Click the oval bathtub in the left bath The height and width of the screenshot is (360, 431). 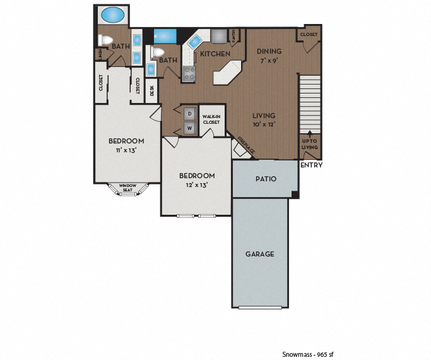click(114, 15)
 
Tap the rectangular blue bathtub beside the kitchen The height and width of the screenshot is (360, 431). click(166, 35)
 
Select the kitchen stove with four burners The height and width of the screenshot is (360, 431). click(189, 73)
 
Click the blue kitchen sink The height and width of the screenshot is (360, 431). click(194, 42)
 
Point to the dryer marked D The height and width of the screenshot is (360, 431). click(189, 114)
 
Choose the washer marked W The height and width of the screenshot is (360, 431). click(189, 128)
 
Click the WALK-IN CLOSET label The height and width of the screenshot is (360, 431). click(211, 119)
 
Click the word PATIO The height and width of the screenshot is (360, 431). click(266, 179)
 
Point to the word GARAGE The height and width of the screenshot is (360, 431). click(260, 254)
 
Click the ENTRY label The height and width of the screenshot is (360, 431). click(311, 165)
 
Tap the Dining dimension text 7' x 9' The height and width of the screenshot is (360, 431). click(269, 61)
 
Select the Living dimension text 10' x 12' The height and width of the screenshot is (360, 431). click(264, 125)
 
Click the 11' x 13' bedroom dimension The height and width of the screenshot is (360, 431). click(126, 150)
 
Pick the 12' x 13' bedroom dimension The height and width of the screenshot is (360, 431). click(197, 185)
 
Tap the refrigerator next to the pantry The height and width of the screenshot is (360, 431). click(218, 35)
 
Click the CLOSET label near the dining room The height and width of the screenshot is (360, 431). click(309, 34)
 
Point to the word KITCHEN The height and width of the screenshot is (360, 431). click(215, 54)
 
